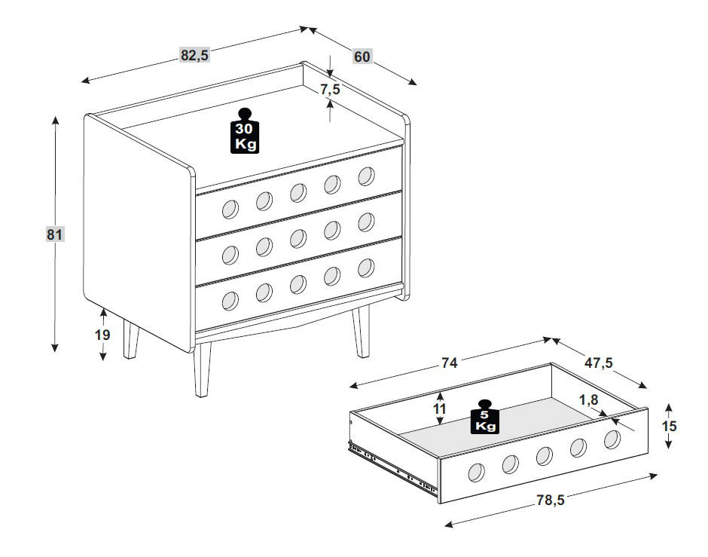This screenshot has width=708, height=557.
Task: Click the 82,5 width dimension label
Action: (195, 55)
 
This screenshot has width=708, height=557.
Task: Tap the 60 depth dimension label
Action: (362, 57)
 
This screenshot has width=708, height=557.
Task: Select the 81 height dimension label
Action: (55, 234)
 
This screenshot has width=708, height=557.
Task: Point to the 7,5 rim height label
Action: (330, 89)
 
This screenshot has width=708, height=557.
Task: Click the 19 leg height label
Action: (102, 335)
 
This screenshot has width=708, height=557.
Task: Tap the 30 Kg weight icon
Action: (245, 131)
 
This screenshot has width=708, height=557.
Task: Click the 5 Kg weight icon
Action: (485, 417)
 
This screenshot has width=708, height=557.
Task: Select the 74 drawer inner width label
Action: (449, 363)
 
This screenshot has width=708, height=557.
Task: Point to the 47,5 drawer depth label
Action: (599, 363)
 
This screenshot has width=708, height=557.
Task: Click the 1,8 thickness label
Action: (588, 399)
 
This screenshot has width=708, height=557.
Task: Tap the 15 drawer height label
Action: (669, 426)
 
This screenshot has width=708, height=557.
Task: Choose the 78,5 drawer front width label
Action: (551, 500)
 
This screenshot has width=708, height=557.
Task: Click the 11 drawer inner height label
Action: (440, 409)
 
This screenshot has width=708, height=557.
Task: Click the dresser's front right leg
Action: (361, 331)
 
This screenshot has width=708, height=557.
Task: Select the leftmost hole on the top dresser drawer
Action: (230, 210)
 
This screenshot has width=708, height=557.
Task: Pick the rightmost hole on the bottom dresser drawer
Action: (366, 268)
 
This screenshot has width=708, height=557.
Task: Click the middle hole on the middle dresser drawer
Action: (298, 238)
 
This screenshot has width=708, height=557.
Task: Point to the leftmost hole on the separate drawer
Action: (476, 473)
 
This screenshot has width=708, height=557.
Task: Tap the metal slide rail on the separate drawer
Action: (392, 468)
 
